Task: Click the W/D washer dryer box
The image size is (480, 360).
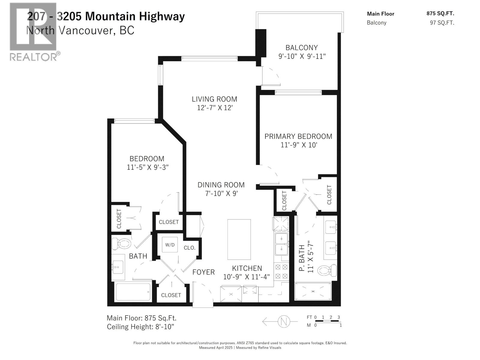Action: point(170,244)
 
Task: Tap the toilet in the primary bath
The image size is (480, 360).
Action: point(327,270)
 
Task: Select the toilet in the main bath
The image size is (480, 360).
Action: point(122,243)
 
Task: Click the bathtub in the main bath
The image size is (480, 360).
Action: point(133,292)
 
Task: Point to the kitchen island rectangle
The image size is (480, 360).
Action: point(239,239)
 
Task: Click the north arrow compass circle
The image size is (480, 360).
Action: point(284,322)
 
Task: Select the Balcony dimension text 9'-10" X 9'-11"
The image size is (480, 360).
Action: point(302,56)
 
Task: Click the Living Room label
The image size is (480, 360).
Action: point(214,99)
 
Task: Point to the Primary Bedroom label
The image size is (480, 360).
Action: point(298,136)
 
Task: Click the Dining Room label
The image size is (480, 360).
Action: point(221,185)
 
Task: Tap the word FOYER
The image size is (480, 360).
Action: point(203,272)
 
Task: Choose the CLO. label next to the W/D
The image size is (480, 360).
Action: point(190,248)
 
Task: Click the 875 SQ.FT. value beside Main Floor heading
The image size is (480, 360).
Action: point(440,13)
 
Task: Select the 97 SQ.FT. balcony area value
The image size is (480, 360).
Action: point(442,23)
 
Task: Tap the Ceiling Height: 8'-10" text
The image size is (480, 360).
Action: point(140,327)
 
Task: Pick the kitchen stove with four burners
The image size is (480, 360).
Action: point(281,271)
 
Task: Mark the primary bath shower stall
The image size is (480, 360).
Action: point(313,291)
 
